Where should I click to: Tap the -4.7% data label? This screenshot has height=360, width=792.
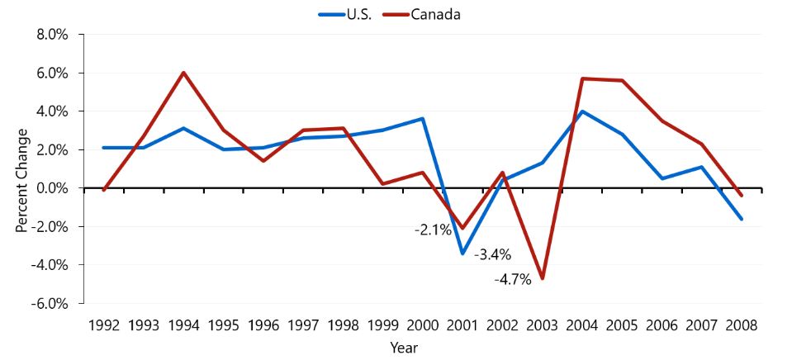tap(512, 280)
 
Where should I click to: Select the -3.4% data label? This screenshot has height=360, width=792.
tap(493, 254)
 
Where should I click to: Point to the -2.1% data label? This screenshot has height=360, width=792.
tap(432, 230)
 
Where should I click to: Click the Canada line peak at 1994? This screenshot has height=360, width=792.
tap(183, 73)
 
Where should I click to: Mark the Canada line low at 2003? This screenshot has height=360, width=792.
tap(543, 278)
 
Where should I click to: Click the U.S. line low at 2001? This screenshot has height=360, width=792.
tap(462, 253)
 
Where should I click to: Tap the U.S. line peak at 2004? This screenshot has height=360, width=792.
tap(582, 111)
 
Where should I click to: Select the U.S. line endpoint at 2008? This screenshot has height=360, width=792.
tap(742, 219)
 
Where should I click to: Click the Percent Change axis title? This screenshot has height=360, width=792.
tap(22, 179)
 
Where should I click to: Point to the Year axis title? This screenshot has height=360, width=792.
tap(404, 348)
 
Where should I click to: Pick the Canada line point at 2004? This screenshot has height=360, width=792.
tap(582, 78)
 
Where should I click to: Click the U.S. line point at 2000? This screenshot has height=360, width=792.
tap(423, 119)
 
